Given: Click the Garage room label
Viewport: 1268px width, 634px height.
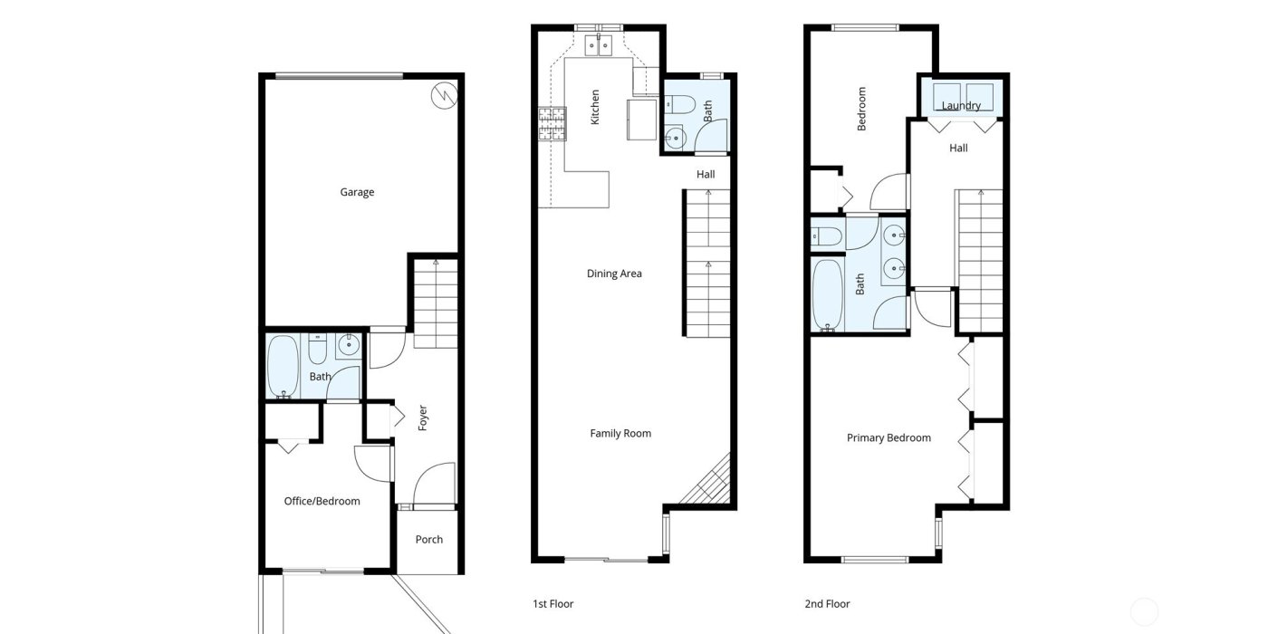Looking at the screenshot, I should click(x=357, y=192).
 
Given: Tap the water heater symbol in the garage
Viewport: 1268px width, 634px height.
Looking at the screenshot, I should click(x=444, y=93).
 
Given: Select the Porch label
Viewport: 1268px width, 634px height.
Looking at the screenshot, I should click(x=429, y=540).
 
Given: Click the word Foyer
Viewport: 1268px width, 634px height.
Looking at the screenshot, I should click(x=422, y=417).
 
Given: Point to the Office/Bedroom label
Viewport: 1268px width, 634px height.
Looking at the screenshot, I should click(x=322, y=501).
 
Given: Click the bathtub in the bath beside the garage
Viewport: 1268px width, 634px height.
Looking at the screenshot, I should click(x=283, y=366).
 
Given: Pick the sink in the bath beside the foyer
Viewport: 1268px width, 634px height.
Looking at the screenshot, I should click(x=349, y=344).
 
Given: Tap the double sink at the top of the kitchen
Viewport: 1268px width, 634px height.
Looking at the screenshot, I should click(x=599, y=44).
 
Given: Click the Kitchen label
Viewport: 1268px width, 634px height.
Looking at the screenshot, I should click(x=595, y=106).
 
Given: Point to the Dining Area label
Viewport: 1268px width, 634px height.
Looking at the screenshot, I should click(x=614, y=274).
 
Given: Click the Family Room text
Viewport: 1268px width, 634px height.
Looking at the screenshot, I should click(x=620, y=434).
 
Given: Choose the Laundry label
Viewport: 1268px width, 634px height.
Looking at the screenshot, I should click(x=961, y=106).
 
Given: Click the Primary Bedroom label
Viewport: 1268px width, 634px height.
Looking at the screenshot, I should click(x=889, y=438).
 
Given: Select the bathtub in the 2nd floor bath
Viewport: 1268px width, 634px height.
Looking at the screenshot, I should click(x=827, y=294).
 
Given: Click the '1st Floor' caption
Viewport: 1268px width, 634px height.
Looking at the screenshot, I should click(x=552, y=604).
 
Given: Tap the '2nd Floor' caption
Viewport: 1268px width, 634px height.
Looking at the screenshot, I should click(x=827, y=604).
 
